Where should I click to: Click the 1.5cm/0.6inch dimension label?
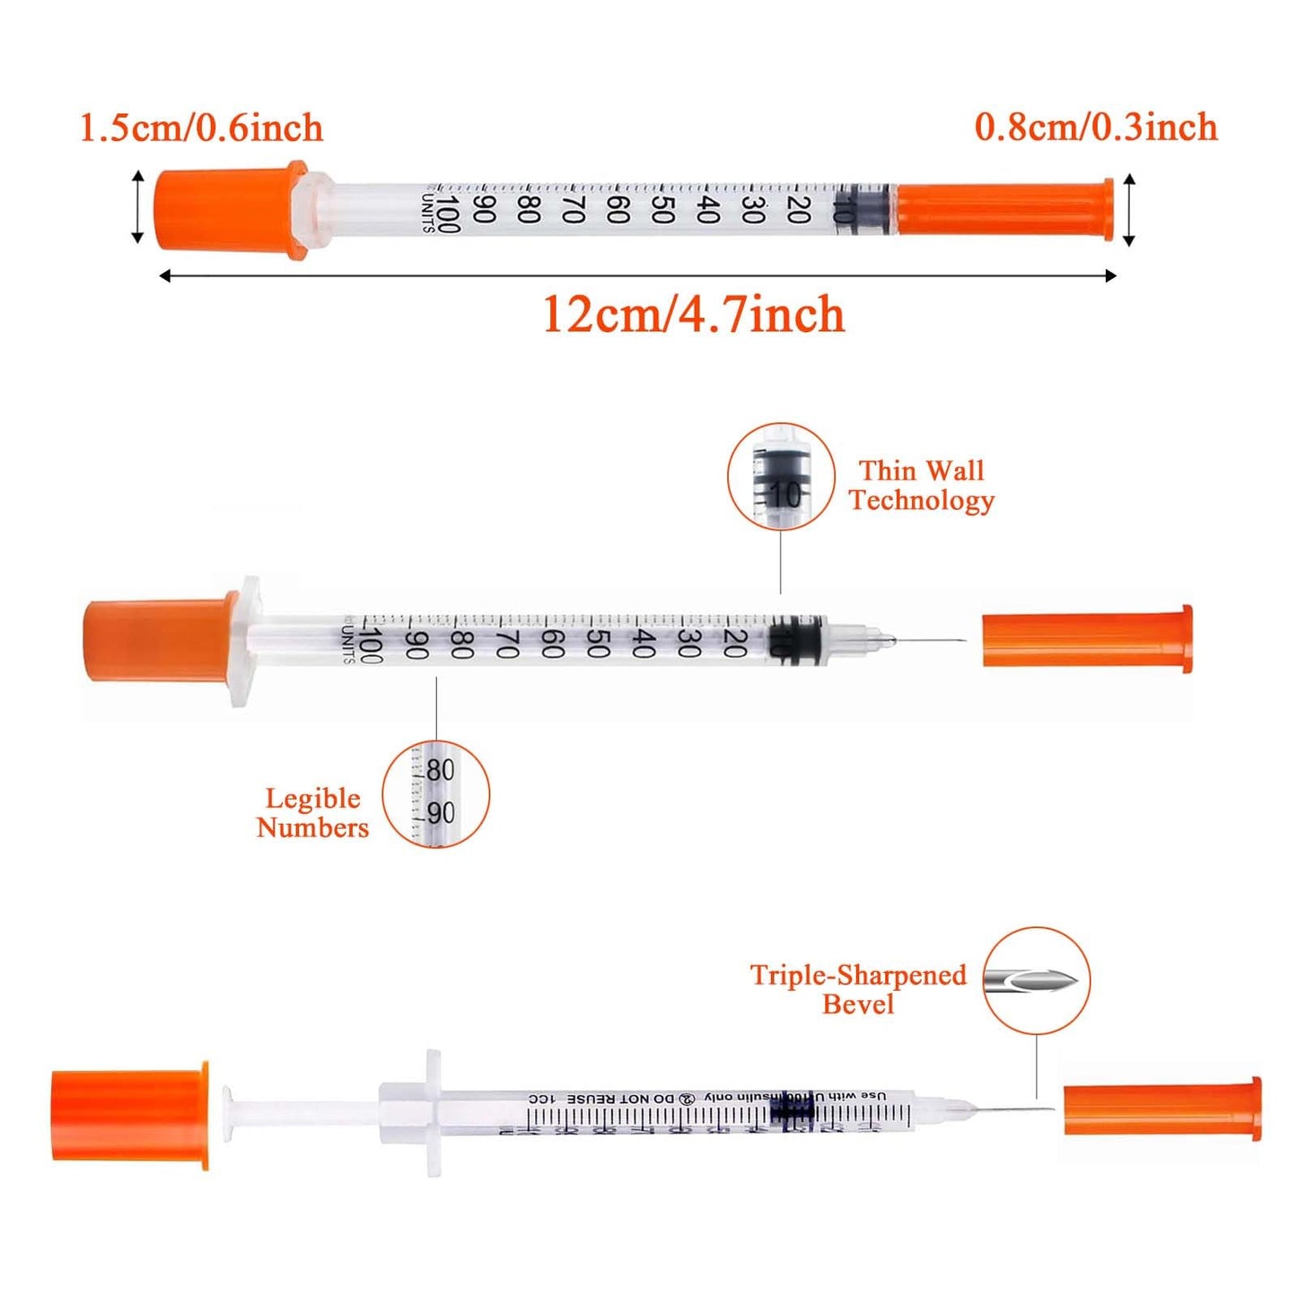point(201,127)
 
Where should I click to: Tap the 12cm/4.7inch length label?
point(693,314)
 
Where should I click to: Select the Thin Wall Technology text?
point(921,486)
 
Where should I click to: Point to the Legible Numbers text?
point(312,812)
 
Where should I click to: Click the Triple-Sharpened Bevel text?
point(858,988)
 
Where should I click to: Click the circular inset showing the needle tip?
point(1036,980)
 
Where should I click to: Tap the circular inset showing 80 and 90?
point(436,793)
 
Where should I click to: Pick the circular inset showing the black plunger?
point(780,477)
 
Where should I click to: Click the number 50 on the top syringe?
point(662,210)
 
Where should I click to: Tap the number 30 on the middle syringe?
point(688,643)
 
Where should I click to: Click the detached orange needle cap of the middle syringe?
point(1086,640)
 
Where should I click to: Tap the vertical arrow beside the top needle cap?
point(1129,210)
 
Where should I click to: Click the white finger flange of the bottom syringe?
point(434,1112)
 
